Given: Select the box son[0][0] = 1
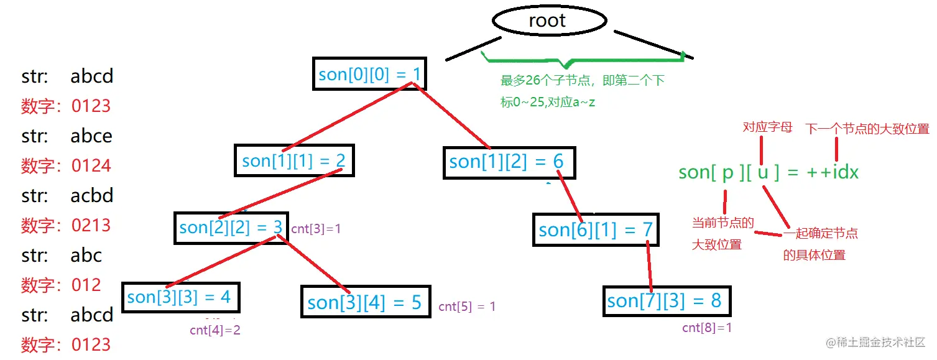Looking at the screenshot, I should (x=370, y=74).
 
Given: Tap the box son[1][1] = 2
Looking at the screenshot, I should (x=293, y=160).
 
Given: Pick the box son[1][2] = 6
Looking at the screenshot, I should (x=509, y=162).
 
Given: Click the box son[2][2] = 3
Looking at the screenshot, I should (x=231, y=227).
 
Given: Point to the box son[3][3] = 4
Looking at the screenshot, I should (x=179, y=297).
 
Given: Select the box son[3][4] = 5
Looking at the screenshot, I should (x=365, y=302).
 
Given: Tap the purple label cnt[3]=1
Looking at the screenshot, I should (x=316, y=229).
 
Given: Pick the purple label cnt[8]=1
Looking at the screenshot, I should (x=707, y=328).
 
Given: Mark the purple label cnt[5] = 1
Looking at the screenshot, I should (x=467, y=307).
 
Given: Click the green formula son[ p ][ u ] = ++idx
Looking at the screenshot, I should (x=769, y=172).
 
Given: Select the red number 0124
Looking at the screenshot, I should (x=91, y=165).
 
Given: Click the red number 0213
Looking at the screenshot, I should (x=91, y=225).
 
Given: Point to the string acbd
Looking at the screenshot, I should (x=91, y=196).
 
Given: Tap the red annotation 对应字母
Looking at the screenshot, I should (x=768, y=127).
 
